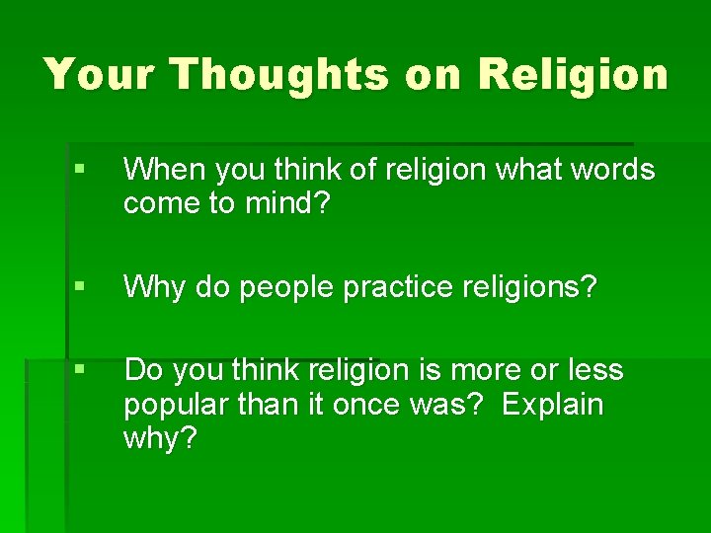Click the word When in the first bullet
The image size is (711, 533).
pyautogui.click(x=160, y=170)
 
